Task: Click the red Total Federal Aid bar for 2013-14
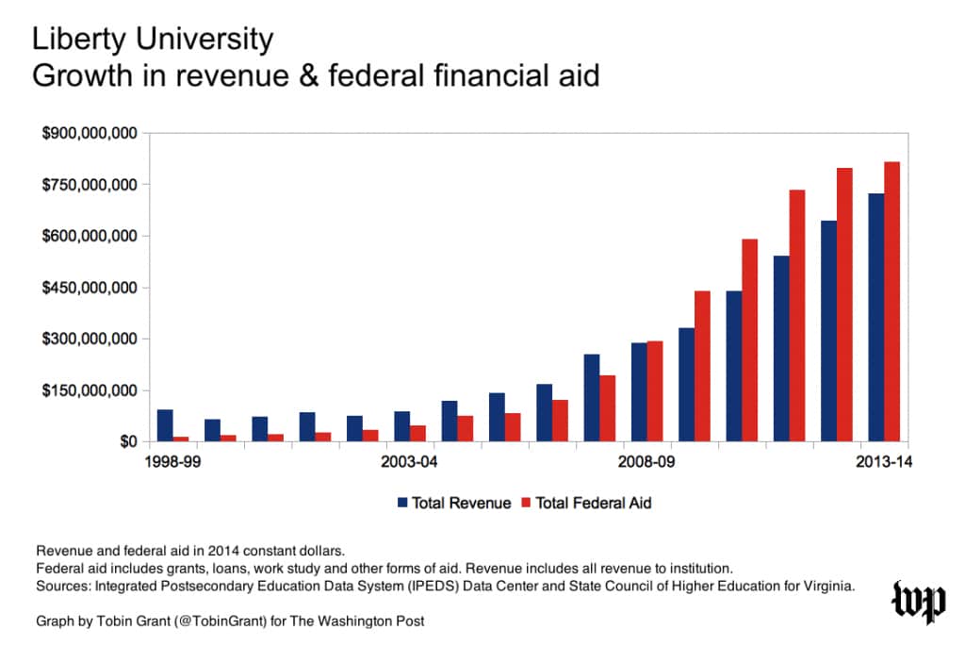pos(891,302)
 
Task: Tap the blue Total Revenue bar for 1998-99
pos(165,425)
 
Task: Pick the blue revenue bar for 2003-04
pos(401,426)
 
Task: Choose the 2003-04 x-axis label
pos(409,462)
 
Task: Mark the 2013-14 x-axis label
pos(882,462)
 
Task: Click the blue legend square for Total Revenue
pos(402,503)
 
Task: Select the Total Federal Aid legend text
pos(593,503)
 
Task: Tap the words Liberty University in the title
pos(153,40)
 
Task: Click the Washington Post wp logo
pos(919,601)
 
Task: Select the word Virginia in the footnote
pos(826,586)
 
